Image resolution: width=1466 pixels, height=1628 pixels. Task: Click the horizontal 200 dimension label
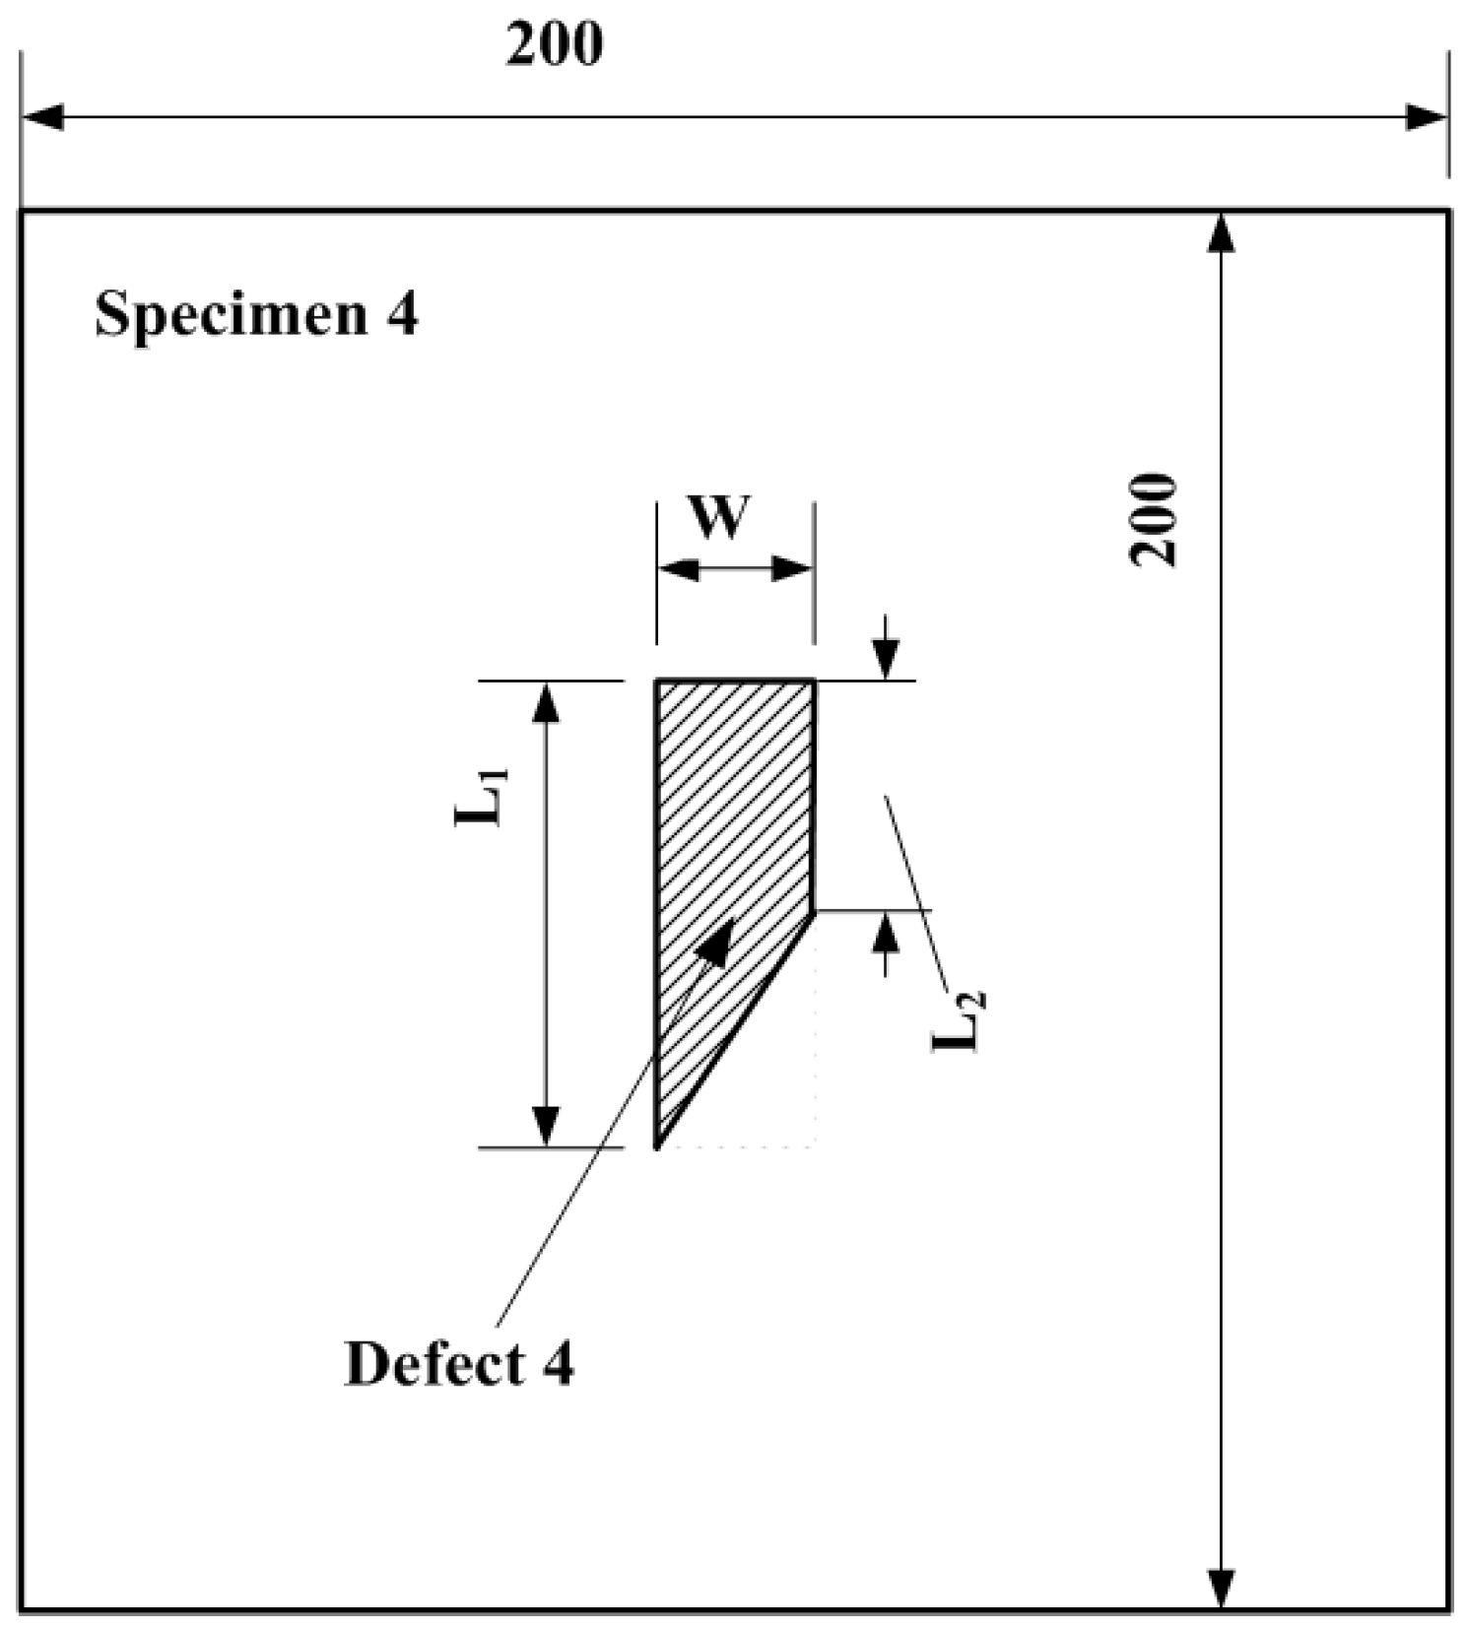554,45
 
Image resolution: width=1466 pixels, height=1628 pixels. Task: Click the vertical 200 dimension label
1154,519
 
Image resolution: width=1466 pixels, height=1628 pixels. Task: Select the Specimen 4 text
256,315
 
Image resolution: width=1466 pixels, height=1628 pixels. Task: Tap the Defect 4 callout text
458,1364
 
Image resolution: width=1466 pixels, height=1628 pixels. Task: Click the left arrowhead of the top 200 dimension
41,117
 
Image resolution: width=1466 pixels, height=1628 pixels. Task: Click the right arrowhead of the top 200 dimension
1428,117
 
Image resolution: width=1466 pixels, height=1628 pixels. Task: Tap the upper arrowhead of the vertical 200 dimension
1221,232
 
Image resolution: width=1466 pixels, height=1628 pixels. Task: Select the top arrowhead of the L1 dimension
546,700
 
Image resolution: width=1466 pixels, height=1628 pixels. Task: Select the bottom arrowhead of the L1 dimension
546,1127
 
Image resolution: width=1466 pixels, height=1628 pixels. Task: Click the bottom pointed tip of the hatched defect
658,1145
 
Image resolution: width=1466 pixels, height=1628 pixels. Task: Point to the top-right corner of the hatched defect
814,681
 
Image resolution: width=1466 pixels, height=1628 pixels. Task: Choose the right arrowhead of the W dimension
793,569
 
